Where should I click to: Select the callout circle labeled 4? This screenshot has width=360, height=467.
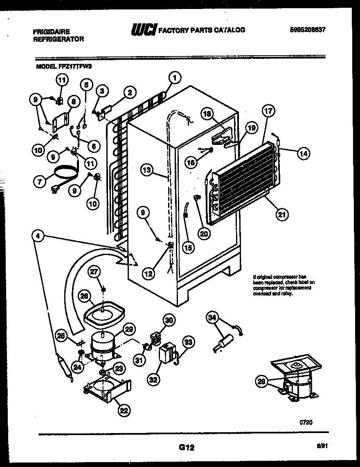tap(38, 236)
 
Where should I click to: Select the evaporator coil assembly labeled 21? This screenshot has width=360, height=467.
tap(241, 180)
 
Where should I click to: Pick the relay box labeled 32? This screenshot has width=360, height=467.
tap(166, 353)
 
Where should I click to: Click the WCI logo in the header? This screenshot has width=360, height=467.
tap(143, 30)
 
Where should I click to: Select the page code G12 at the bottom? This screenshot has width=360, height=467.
tap(187, 447)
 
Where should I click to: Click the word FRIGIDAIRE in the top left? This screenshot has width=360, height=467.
tap(51, 32)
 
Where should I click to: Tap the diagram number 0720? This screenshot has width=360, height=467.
tap(306, 422)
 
